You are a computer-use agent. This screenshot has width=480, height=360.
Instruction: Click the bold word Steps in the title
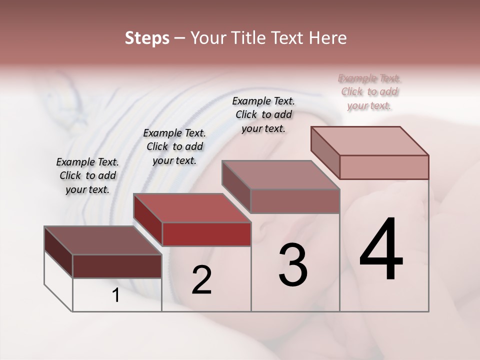point(147,38)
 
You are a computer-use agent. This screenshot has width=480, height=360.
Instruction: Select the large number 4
point(381,250)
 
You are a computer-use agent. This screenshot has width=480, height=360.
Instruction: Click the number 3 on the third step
point(293,265)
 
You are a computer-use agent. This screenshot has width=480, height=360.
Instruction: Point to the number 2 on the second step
point(201,280)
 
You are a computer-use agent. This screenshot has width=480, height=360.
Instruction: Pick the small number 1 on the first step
point(116,295)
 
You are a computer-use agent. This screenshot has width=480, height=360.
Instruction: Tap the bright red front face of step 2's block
point(206,234)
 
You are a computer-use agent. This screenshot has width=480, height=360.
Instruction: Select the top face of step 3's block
point(280,175)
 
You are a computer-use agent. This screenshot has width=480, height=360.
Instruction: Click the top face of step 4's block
point(369,140)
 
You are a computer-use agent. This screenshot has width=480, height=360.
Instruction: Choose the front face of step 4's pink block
point(384,167)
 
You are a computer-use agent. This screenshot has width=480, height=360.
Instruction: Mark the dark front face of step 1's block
point(117,266)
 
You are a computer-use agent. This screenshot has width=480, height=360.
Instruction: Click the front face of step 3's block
point(295,201)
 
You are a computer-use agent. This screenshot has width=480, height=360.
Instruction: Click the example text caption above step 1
point(87,176)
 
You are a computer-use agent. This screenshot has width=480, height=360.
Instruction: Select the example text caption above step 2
point(174,147)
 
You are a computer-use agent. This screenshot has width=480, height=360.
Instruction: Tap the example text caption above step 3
point(263,114)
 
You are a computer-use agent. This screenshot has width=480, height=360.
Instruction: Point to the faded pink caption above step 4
point(369,92)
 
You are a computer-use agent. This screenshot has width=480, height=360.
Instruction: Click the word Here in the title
point(328,38)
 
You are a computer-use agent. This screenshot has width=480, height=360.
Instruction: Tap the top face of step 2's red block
point(191,207)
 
